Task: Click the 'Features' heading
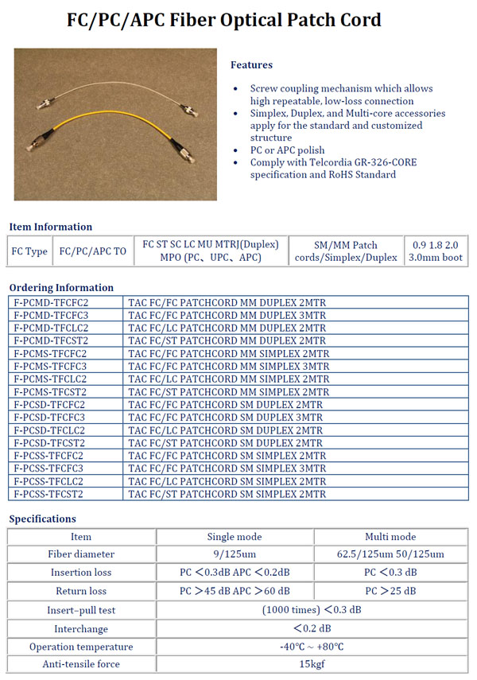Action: click(x=251, y=65)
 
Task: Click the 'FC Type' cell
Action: click(x=29, y=251)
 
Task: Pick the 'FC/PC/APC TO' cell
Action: click(x=92, y=251)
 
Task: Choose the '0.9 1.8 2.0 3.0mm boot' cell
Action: click(x=436, y=251)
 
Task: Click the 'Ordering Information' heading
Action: click(x=61, y=288)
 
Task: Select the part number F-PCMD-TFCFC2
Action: click(x=51, y=303)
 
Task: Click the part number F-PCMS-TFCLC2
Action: click(x=51, y=379)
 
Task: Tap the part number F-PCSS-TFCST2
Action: click(x=49, y=494)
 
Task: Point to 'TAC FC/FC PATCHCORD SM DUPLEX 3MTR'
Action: click(x=226, y=418)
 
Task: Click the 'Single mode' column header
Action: click(x=235, y=537)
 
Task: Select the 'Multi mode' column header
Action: click(x=390, y=537)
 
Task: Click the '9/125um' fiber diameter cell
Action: click(x=235, y=554)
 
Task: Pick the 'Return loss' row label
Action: click(x=81, y=591)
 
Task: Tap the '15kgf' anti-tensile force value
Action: click(x=312, y=664)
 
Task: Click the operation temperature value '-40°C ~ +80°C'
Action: click(x=312, y=647)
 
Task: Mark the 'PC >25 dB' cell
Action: click(x=390, y=591)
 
